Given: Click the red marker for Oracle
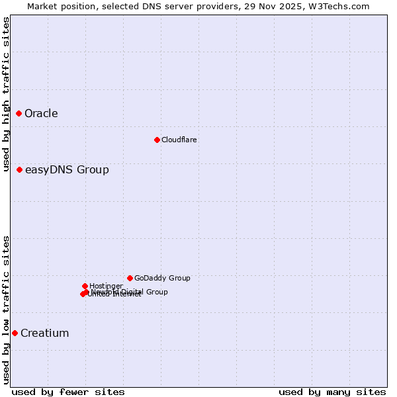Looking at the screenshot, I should (x=19, y=113).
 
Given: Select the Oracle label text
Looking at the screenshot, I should (x=41, y=113).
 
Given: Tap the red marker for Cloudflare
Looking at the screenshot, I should (x=157, y=140).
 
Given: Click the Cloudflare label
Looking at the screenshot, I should (x=179, y=140).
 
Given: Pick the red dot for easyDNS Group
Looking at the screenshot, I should (x=19, y=169).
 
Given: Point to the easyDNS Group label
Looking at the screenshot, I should (x=66, y=170).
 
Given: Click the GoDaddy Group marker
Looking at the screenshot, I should (x=130, y=278).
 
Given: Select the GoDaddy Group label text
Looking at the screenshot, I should (x=162, y=278).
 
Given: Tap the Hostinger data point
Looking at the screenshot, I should (x=85, y=286).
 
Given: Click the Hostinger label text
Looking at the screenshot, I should (x=106, y=286).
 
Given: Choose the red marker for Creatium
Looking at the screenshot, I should (x=15, y=333).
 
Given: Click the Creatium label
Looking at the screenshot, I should (x=44, y=333).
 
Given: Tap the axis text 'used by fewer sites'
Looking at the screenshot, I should (x=68, y=392).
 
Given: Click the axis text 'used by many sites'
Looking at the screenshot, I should (x=332, y=392).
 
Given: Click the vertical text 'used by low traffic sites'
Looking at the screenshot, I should (x=6, y=310).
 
